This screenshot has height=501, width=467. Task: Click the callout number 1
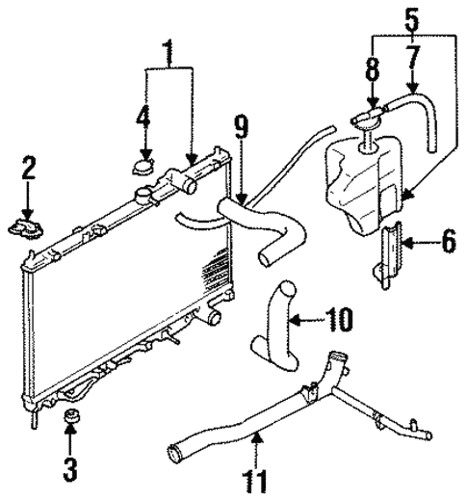coord(169,50)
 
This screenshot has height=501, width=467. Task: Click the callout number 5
coord(413,16)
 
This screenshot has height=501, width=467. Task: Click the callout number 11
coord(255,479)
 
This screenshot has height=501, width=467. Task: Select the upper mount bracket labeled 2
coord(29,225)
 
